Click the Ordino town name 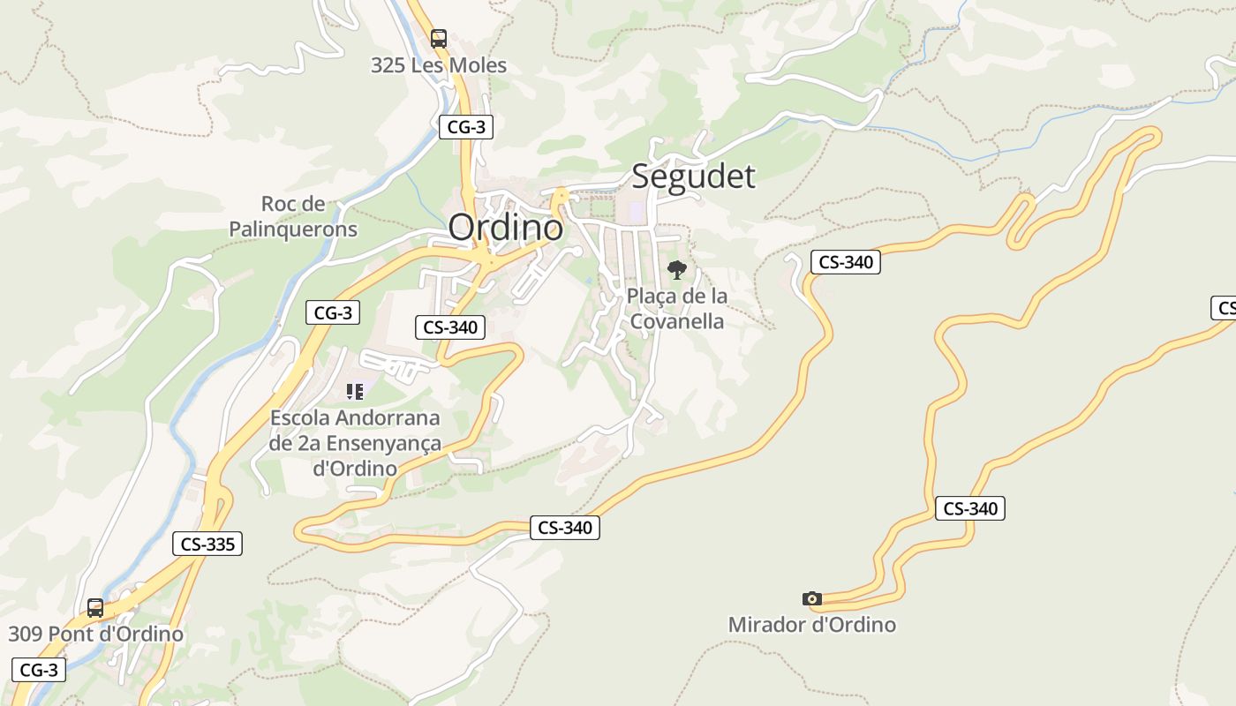pos(505,228)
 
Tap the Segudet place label pos(693,176)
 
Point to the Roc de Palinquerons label pos(293,217)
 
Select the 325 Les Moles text pos(439,65)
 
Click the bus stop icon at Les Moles pos(439,39)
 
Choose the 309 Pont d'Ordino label pos(96,634)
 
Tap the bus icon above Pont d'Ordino pos(95,608)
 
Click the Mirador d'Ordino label pos(811,625)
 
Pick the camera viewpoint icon pos(812,599)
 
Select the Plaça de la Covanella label pos(677,308)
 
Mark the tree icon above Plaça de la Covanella pos(677,270)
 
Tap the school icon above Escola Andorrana pos(355,392)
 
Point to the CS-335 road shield pos(207,544)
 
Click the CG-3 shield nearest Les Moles pos(466,127)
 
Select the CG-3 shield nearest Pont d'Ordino pos(39,670)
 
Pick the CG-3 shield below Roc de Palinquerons pos(333,312)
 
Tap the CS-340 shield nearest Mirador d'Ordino pos(970,508)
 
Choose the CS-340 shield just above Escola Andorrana pos(450,327)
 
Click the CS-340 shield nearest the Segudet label pos(846,262)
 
